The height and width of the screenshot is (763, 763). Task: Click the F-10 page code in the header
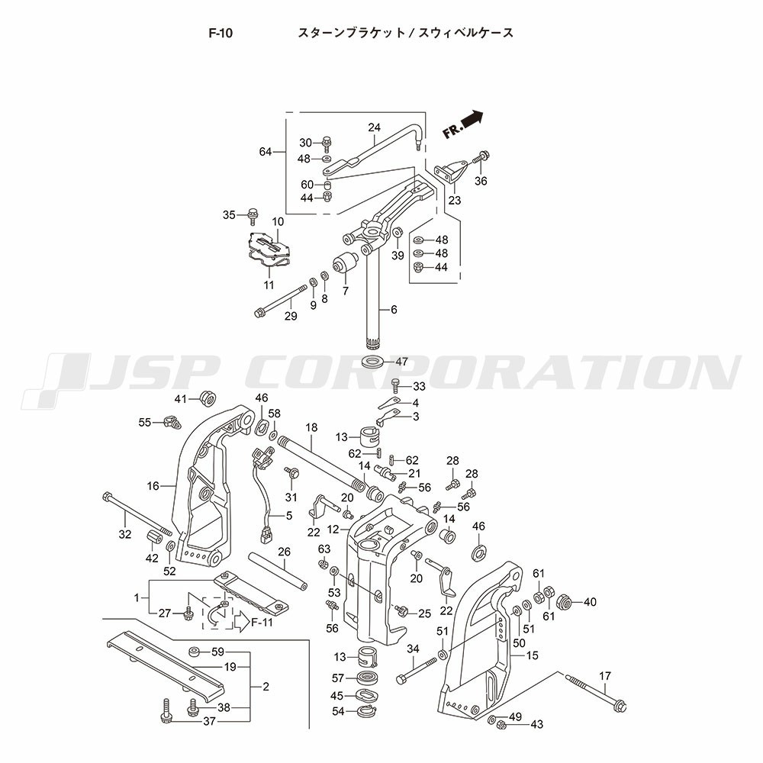point(221,33)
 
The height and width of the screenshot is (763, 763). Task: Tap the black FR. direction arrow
point(471,119)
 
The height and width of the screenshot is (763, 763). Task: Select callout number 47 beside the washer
point(401,362)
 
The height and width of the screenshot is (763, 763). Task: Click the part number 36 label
point(480,181)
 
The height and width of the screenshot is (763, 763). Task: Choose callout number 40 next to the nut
point(590,602)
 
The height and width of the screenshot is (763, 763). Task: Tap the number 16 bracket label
point(153,485)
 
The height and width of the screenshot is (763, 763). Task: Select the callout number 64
point(266,152)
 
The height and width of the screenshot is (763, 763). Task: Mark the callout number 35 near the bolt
point(229,215)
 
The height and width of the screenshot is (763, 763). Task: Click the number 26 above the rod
point(284,552)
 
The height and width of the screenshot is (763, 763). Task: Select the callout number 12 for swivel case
point(333,529)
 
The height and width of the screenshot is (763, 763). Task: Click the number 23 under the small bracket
point(455,201)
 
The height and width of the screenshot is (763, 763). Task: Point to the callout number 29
point(291,317)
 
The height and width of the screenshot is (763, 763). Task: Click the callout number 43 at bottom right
point(536,725)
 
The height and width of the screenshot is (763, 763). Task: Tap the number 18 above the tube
point(311,427)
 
